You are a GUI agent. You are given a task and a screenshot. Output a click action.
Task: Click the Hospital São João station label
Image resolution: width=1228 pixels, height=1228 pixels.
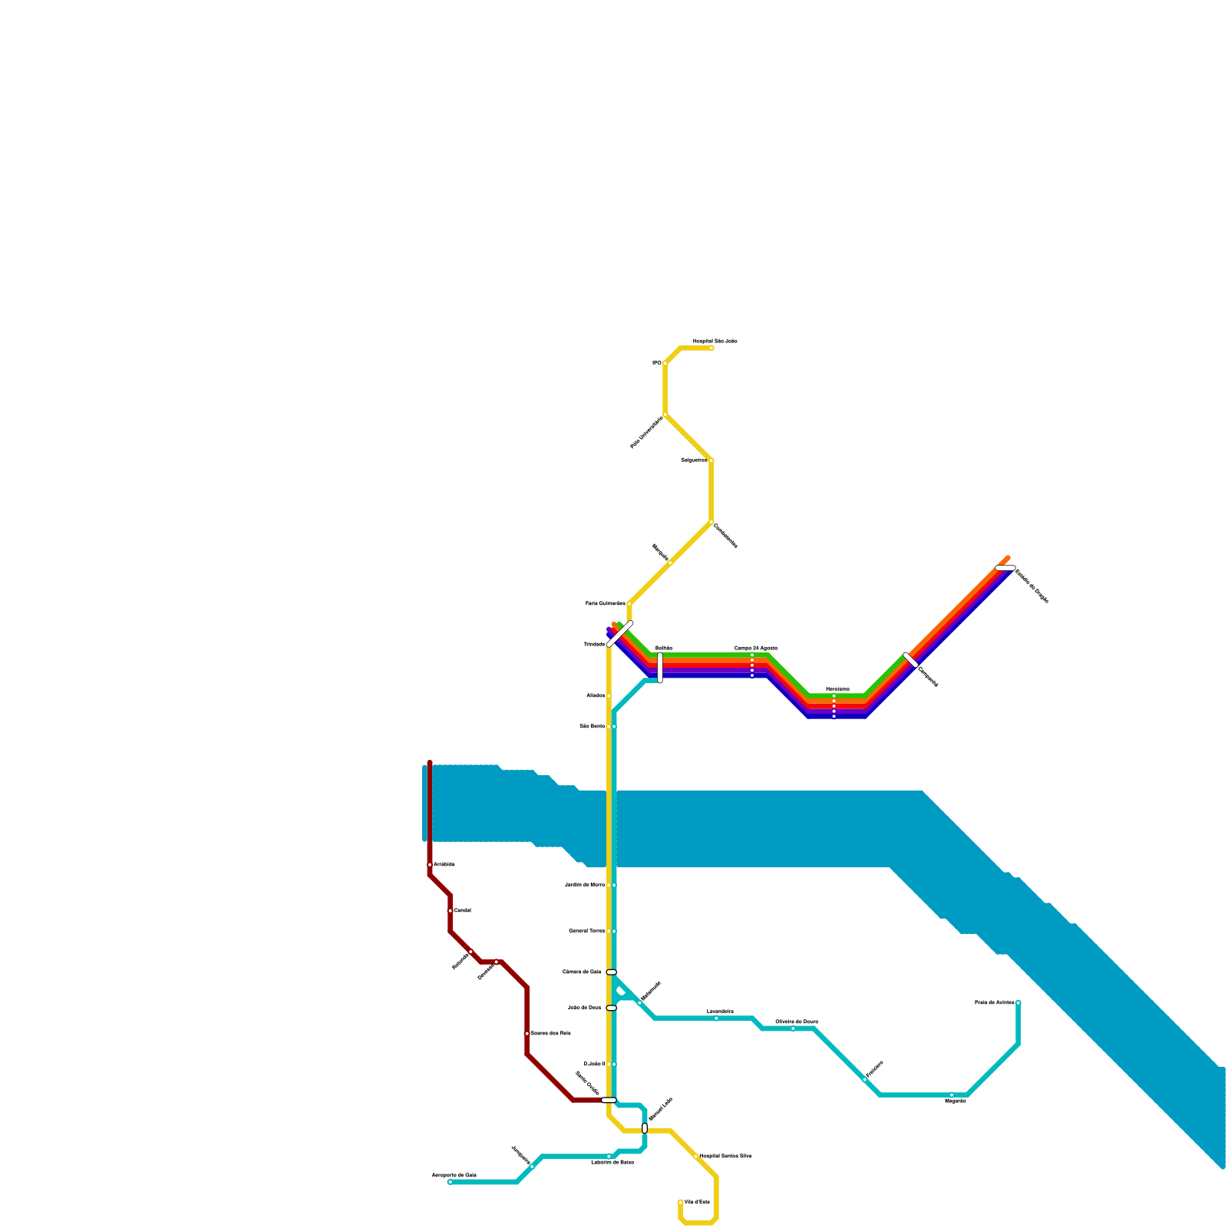[x=715, y=341]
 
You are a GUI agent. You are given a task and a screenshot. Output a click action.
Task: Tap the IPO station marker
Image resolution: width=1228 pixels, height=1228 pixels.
[x=665, y=363]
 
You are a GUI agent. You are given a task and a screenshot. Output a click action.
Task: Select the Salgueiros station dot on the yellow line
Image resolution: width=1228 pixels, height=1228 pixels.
[x=711, y=460]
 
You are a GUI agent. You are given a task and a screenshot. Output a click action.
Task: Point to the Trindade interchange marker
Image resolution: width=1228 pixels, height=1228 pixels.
[x=619, y=634]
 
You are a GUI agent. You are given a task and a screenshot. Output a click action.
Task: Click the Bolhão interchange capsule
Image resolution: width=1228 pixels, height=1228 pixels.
[x=660, y=667]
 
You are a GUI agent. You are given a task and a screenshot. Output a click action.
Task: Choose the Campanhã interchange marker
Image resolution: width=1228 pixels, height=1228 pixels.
[x=911, y=659]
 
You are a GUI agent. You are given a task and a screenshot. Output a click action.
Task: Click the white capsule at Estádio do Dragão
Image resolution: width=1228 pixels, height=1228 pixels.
[x=1005, y=568]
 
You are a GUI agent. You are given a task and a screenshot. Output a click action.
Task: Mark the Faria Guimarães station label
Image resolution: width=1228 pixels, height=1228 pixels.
[x=606, y=604]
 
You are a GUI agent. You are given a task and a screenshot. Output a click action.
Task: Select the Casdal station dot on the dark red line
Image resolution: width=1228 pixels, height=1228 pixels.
[x=451, y=911]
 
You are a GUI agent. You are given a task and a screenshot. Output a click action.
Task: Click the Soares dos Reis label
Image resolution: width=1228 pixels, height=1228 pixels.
[x=550, y=1034]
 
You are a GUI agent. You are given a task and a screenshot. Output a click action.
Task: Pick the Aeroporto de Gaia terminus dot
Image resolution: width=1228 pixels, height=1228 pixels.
[x=451, y=1182]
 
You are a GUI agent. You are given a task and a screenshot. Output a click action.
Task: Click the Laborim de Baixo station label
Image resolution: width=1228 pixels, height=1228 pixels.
[x=612, y=1162]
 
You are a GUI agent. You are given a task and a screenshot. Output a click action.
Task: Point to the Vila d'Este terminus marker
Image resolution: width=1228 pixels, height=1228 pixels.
[x=681, y=1203]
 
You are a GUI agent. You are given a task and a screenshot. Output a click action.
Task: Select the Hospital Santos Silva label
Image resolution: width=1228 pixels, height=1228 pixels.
[x=725, y=1156]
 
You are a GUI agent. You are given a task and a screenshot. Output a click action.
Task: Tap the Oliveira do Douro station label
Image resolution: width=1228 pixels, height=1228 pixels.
[x=796, y=1022]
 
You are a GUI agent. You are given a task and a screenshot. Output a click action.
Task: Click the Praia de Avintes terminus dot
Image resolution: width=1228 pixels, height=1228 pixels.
[x=1018, y=1003]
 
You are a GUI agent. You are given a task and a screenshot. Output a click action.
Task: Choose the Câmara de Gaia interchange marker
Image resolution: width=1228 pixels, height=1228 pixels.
[x=611, y=972]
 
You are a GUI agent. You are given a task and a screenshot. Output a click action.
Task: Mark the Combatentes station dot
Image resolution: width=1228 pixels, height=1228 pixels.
[x=711, y=524]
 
